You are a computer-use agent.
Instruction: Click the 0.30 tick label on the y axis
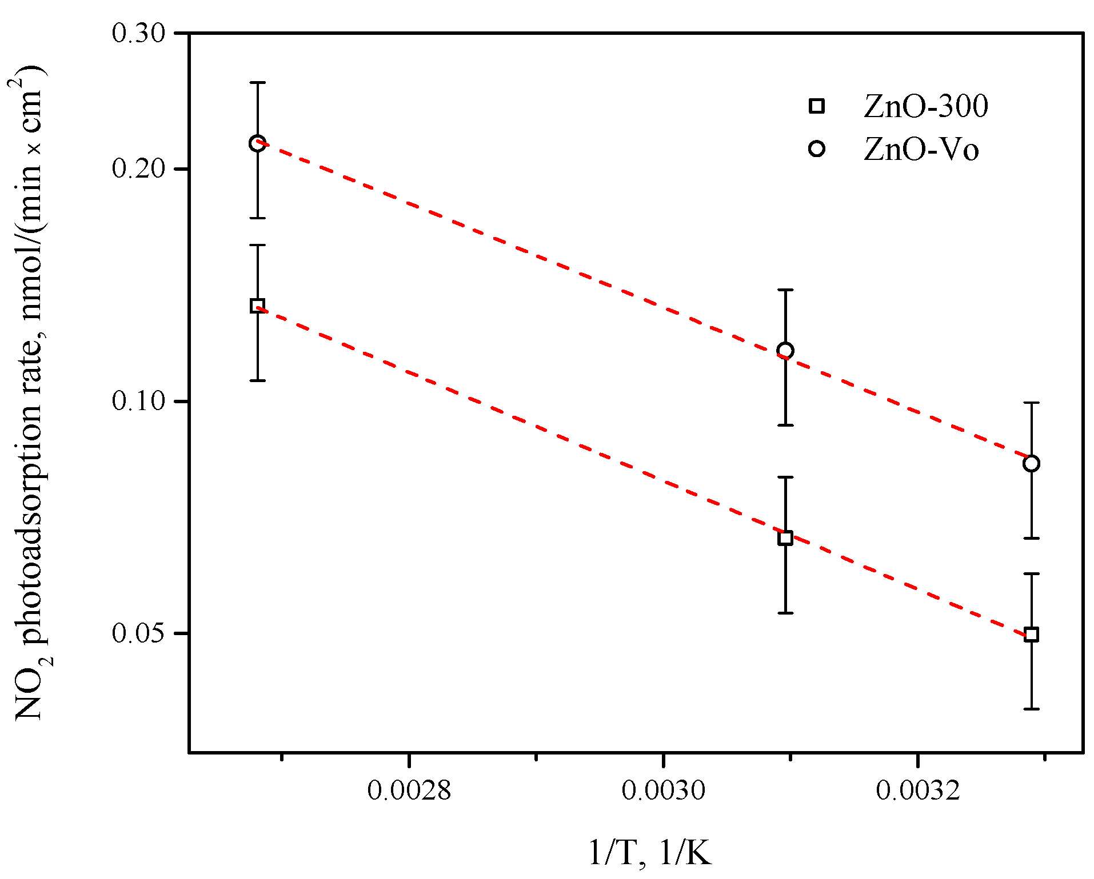coord(138,33)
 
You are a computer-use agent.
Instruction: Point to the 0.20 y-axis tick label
coord(138,169)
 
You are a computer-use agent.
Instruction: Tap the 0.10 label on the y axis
coord(138,402)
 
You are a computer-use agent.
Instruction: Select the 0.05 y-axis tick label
coord(138,633)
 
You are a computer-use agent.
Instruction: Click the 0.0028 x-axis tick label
coord(409,790)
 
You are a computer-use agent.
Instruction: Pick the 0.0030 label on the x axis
coord(663,790)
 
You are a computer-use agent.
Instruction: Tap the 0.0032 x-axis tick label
coord(917,790)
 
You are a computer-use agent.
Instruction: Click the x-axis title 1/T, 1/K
coord(650,854)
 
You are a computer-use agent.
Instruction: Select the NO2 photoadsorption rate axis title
coord(30,394)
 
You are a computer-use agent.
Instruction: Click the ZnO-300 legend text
coord(925,106)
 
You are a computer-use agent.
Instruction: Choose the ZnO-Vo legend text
coord(921,150)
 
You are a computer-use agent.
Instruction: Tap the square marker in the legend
coord(817,106)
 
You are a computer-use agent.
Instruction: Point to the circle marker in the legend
coord(817,149)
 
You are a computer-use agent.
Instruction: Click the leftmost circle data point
coord(257,143)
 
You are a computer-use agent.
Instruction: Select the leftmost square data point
coord(257,306)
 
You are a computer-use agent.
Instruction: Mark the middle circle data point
coord(785,351)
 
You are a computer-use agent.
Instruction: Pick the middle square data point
coord(785,537)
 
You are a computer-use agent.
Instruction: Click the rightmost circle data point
coord(1031,463)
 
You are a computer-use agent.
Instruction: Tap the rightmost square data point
coord(1031,635)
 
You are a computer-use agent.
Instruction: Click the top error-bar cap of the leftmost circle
coord(257,83)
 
